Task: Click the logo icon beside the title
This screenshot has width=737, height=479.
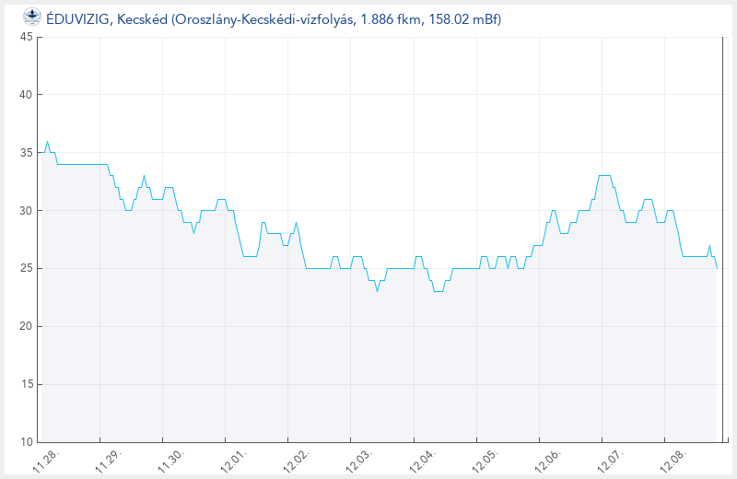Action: tap(31, 18)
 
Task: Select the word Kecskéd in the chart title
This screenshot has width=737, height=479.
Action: tap(141, 18)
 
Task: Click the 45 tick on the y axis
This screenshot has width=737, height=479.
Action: tap(26, 37)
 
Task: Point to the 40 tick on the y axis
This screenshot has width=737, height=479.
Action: tap(26, 95)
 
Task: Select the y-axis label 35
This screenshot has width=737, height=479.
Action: tap(26, 153)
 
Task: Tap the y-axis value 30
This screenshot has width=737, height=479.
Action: tap(26, 211)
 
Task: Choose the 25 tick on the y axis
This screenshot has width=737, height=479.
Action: tap(26, 268)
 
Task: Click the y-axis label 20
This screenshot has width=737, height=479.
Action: tap(26, 326)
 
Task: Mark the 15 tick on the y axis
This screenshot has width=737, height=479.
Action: tap(26, 384)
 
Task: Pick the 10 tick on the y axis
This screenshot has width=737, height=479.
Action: tap(26, 442)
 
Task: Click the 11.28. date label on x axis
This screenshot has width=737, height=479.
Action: tap(45, 461)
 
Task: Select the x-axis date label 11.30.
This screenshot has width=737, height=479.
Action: tap(170, 461)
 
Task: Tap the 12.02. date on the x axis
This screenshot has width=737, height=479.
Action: tap(296, 461)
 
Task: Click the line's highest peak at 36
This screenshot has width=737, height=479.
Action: tap(47, 141)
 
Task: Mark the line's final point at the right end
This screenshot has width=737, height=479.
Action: tap(717, 268)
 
